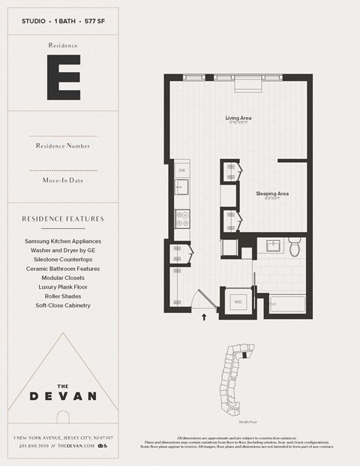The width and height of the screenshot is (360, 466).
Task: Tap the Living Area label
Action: tap(238, 118)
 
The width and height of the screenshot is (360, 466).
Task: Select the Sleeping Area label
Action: tap(271, 194)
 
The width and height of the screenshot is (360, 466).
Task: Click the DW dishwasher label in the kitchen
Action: tap(181, 170)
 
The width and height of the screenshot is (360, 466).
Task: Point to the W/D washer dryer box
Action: tap(238, 302)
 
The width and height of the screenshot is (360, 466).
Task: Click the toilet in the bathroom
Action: tap(295, 247)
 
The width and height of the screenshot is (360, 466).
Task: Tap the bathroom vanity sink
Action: tap(271, 246)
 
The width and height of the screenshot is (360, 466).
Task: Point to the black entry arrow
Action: tap(205, 317)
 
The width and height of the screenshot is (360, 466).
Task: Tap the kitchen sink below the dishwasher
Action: tap(181, 187)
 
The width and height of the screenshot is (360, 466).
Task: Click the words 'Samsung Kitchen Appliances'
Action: tap(63, 242)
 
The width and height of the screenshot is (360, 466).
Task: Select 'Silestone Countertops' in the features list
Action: tap(63, 260)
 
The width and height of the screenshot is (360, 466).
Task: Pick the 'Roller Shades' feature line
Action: tap(63, 296)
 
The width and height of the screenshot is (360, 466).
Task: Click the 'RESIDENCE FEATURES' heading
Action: tap(63, 219)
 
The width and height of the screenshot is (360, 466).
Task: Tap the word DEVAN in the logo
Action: tap(63, 395)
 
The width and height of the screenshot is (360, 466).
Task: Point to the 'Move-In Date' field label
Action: tap(63, 181)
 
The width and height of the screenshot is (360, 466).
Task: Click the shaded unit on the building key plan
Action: tap(244, 357)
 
